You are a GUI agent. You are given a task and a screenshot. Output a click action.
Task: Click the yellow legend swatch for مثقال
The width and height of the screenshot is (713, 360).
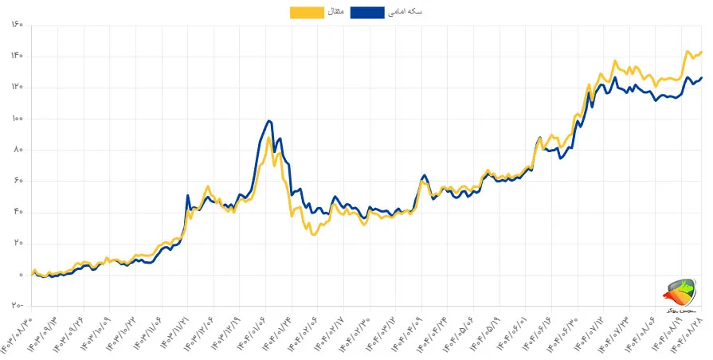307,12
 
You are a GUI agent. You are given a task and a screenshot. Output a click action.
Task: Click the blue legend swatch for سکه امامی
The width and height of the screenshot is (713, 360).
366,12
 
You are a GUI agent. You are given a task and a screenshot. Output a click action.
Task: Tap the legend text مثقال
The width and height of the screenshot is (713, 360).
335,12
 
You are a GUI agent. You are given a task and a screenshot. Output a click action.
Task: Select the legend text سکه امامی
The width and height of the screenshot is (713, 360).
405,12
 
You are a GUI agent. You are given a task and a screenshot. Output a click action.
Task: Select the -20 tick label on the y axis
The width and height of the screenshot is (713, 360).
17,306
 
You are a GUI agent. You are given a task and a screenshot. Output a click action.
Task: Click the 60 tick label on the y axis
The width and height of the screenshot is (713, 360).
17,181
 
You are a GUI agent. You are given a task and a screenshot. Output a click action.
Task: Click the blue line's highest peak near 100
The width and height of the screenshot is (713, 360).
270,121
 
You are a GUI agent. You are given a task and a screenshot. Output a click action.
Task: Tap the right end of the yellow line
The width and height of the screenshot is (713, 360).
701,53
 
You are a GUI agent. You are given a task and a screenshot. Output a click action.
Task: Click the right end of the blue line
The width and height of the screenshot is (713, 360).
701,77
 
